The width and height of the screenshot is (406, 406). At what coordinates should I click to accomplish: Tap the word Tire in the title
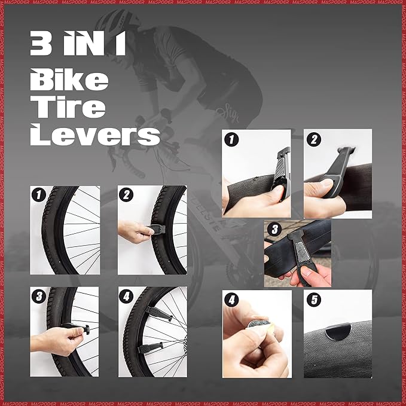(x=69, y=107)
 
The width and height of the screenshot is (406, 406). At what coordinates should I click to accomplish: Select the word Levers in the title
(x=95, y=135)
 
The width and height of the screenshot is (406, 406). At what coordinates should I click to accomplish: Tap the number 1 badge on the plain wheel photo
(x=39, y=195)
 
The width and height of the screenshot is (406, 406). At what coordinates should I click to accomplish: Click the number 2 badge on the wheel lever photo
(x=126, y=195)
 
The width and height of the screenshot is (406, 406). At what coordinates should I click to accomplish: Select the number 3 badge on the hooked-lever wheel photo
(x=39, y=296)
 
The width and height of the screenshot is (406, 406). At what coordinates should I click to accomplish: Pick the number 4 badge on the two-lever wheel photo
(x=126, y=296)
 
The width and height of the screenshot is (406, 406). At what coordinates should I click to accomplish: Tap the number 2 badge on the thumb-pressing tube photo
(x=313, y=140)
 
